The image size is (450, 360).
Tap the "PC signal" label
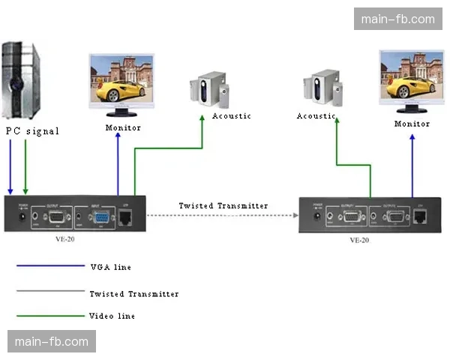[32, 131]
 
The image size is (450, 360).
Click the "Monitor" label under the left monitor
[123, 127]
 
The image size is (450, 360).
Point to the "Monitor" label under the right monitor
[412, 124]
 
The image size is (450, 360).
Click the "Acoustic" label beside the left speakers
[232, 116]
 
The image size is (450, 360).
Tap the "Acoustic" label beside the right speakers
[316, 116]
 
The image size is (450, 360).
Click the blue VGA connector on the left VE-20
[100, 217]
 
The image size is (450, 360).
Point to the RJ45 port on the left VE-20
[127, 217]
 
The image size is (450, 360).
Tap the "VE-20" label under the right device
[359, 241]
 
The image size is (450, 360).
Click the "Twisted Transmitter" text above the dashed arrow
[223, 205]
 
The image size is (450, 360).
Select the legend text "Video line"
[112, 316]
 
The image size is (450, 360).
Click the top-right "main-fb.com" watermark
[397, 19]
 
